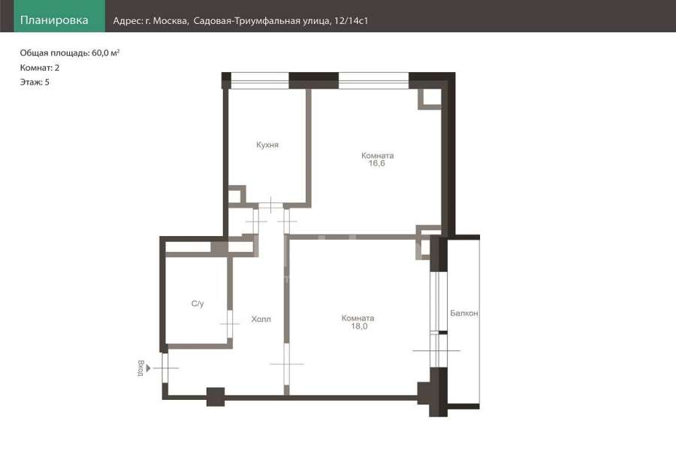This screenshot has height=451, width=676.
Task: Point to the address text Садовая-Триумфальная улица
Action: point(262,21)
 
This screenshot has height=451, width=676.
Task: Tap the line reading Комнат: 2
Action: point(40,68)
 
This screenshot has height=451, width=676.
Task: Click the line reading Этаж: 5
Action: point(35,82)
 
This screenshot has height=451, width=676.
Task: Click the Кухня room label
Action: point(267,144)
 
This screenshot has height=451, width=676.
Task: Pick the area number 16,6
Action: point(376,163)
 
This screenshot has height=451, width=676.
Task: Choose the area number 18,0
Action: point(359,326)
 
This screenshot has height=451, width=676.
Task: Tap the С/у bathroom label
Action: point(198,304)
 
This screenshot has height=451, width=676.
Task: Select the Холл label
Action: point(261,319)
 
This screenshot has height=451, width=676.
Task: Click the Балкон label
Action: point(464,313)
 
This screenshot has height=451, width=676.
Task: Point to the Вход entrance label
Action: point(140,368)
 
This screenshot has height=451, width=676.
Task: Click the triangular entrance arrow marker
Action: point(148,368)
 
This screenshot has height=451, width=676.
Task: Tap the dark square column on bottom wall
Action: point(216,397)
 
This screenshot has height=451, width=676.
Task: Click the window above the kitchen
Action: point(260,80)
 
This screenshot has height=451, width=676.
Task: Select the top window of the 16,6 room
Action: point(373,80)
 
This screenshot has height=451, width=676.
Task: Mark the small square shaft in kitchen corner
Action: point(237,195)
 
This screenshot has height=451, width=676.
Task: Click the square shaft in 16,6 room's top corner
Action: point(430,98)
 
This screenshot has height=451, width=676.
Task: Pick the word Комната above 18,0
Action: point(358,318)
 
